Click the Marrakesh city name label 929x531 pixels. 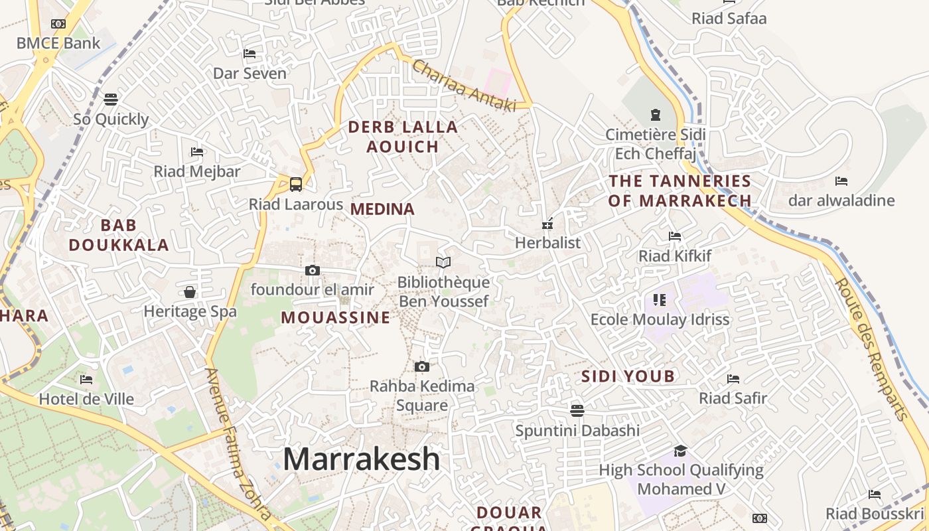point(362,459)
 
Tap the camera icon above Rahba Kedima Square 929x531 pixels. point(421,366)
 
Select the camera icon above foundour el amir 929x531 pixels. point(313,270)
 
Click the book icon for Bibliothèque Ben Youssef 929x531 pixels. point(443,262)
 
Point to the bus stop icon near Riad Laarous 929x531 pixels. point(296,184)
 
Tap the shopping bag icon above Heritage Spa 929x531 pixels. point(190,292)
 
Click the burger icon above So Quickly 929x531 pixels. point(111,100)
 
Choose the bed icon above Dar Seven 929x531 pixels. point(250,54)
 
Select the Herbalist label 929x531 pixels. point(547,243)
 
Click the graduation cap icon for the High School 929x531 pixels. point(680,451)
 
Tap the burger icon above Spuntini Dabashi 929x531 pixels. point(577,411)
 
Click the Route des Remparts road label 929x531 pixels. point(871,348)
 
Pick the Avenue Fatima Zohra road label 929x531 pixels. point(237,445)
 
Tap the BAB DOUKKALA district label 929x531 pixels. point(119,235)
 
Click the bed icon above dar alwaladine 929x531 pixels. point(841,181)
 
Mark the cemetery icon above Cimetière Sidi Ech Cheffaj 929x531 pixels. point(656,114)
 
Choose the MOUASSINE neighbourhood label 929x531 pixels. point(336,317)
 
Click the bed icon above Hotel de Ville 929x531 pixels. point(86,380)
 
